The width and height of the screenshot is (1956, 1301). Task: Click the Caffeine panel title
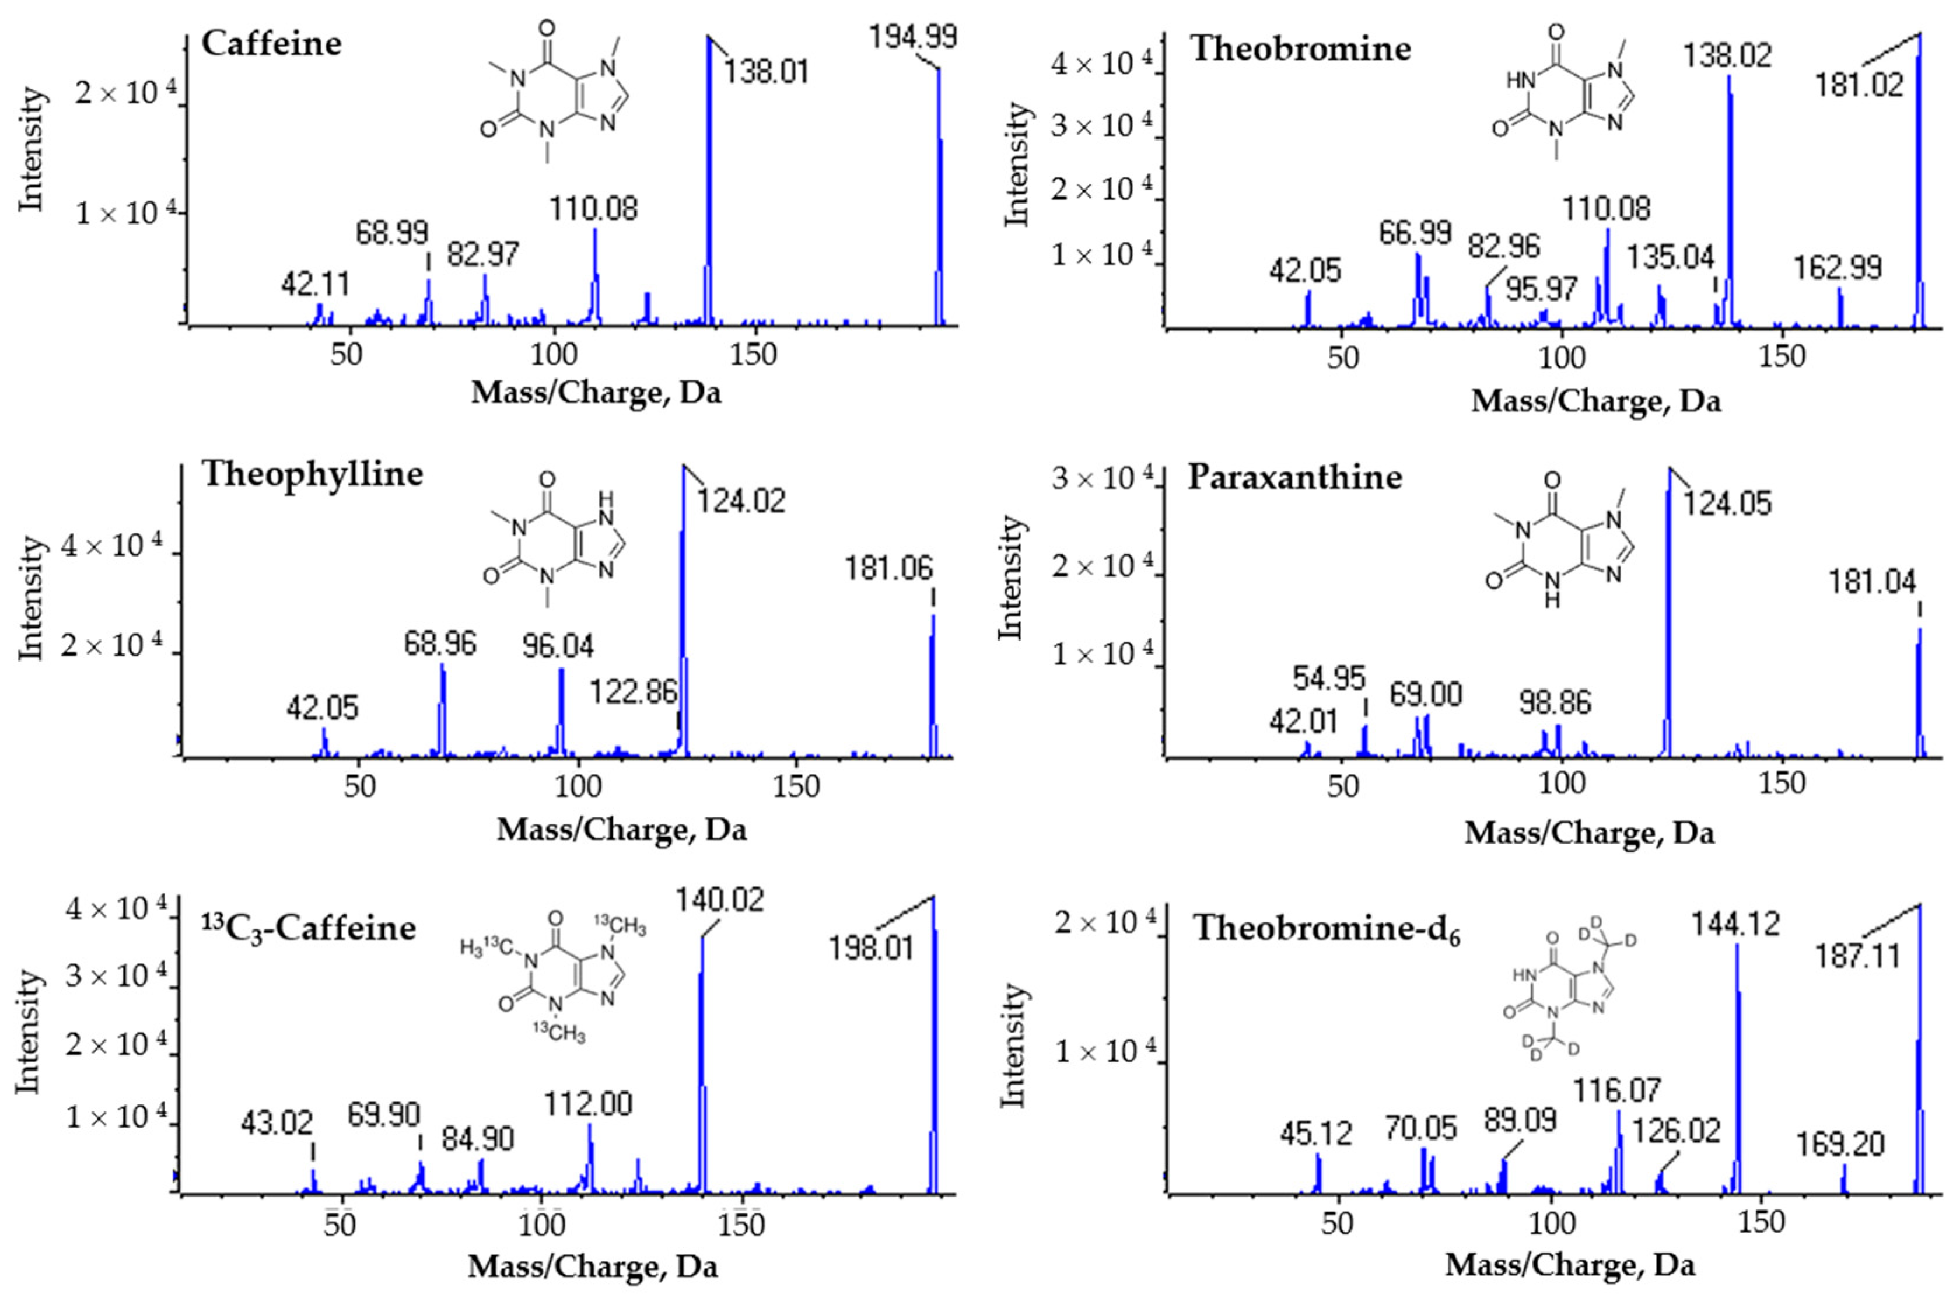(x=271, y=43)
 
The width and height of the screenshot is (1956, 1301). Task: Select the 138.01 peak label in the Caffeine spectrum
(x=765, y=71)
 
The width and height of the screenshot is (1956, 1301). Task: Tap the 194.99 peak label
(x=912, y=37)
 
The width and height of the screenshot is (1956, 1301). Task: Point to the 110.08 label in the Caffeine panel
(x=593, y=208)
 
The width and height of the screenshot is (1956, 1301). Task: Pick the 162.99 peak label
(x=1838, y=268)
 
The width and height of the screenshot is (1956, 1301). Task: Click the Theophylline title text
(x=312, y=474)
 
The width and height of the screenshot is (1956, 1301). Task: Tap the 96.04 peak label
(x=558, y=646)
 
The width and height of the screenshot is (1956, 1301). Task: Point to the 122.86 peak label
(x=634, y=691)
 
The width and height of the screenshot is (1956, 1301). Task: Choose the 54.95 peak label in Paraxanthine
(x=1329, y=679)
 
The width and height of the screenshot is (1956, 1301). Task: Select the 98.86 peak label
(x=1555, y=703)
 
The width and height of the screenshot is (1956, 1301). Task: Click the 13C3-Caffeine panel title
(x=309, y=927)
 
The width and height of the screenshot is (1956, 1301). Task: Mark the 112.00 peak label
(x=587, y=1104)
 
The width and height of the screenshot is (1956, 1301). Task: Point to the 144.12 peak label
(x=1737, y=924)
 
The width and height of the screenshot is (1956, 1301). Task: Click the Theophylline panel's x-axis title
(x=621, y=829)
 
